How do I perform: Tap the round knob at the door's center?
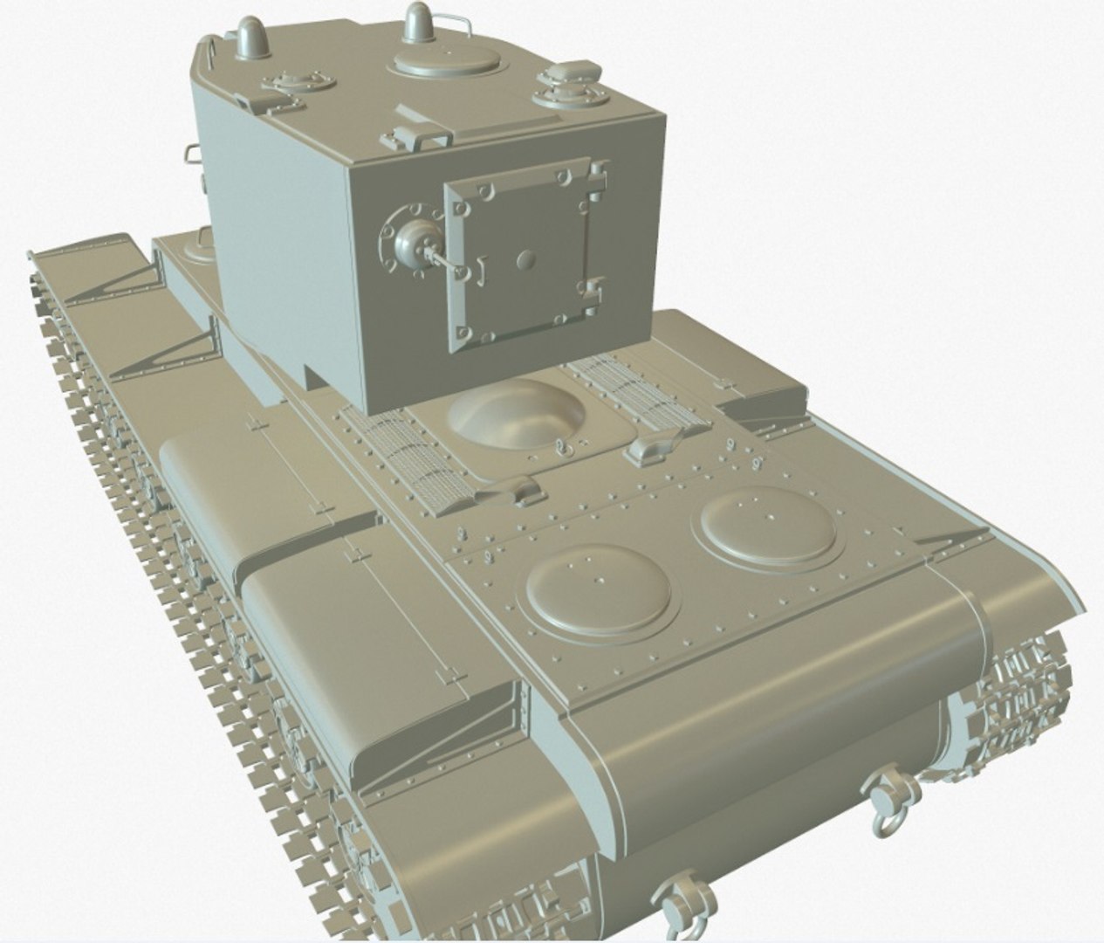pyautogui.click(x=525, y=258)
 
